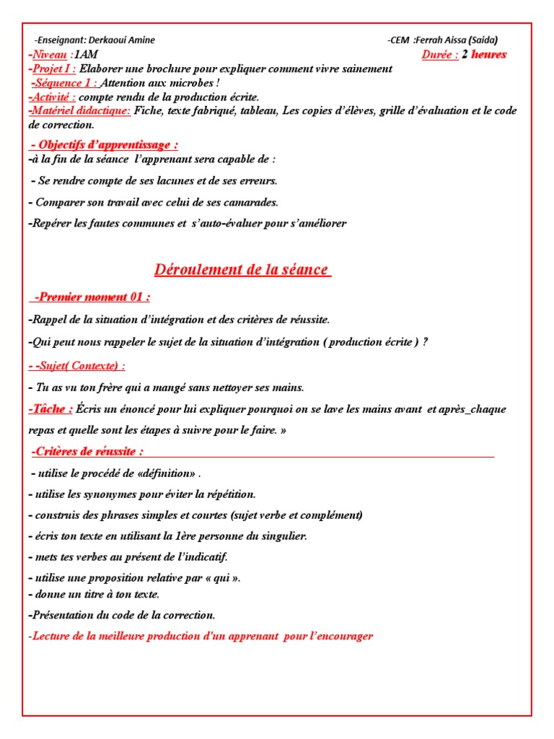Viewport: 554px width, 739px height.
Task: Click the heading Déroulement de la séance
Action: [x=242, y=270]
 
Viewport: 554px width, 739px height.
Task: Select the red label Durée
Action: [x=440, y=55]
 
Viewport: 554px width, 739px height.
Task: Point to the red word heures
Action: [x=489, y=55]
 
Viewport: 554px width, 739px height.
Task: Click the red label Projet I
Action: [x=53, y=69]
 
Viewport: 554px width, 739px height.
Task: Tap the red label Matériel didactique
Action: [x=80, y=110]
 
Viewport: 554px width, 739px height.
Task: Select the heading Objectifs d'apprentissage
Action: [x=105, y=145]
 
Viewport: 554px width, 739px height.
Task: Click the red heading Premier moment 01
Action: [x=92, y=297]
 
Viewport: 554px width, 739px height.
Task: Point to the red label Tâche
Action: [x=50, y=409]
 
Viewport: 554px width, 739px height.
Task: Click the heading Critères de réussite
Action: [x=87, y=452]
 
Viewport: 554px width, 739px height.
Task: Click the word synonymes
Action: [x=108, y=494]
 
